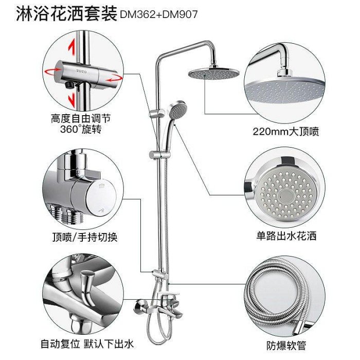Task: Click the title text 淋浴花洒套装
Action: [66, 14]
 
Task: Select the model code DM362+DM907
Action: [158, 15]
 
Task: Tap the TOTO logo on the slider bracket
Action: [81, 71]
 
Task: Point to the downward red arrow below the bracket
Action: [72, 100]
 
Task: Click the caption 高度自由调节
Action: [81, 119]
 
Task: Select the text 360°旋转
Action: [81, 129]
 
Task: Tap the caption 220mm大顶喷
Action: [286, 132]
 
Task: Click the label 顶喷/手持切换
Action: [85, 237]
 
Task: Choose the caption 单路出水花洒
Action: [286, 236]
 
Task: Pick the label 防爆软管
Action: [286, 345]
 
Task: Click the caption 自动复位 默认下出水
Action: [87, 344]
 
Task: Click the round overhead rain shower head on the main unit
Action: [214, 74]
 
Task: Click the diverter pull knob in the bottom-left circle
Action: [88, 287]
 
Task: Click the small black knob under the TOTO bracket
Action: [69, 85]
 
